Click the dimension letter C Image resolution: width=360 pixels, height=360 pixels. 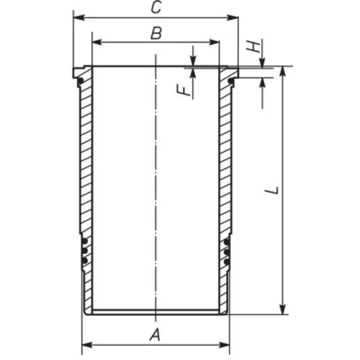point(156,7)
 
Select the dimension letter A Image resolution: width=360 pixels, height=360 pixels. point(155,334)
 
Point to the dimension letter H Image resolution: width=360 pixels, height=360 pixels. point(253,47)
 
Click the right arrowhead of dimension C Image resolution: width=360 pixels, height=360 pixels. point(233,18)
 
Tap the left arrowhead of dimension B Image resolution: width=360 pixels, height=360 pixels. point(97,42)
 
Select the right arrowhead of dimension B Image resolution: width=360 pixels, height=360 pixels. point(215,42)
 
